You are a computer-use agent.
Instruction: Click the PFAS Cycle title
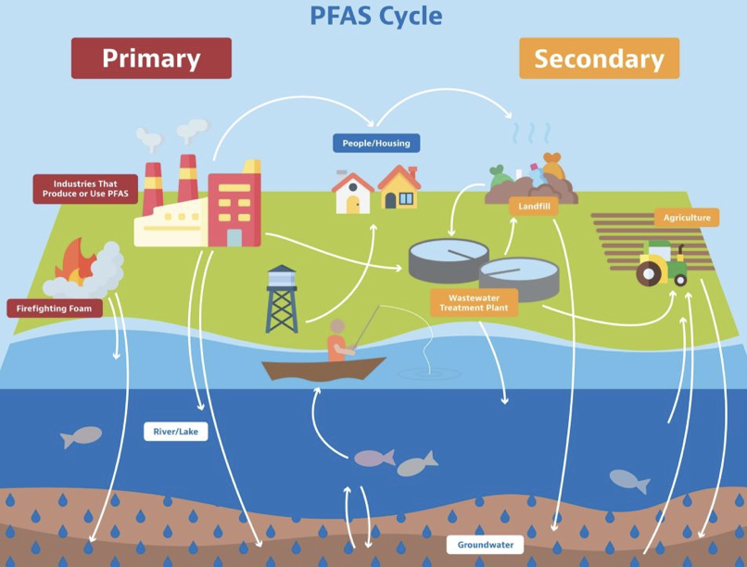tap(376, 16)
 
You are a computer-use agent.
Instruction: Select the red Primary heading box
tap(151, 58)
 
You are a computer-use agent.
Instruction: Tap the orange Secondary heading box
tap(600, 58)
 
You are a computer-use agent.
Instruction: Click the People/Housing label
tap(376, 144)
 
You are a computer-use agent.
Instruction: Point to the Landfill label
tap(534, 206)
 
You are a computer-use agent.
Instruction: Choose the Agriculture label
tap(687, 218)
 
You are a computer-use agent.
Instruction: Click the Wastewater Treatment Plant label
tap(474, 303)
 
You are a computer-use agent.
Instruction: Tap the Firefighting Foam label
tap(55, 309)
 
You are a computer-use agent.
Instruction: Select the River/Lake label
tap(176, 432)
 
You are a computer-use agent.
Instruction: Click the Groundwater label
tap(486, 545)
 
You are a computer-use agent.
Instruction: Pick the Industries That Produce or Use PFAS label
tap(85, 189)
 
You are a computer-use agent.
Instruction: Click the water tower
tap(282, 299)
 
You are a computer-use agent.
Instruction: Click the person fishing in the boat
tap(337, 340)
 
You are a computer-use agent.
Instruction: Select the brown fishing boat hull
tap(323, 369)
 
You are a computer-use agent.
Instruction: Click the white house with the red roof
tap(352, 193)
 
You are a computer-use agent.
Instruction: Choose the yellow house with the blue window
tap(399, 187)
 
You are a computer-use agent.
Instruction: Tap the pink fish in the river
tap(374, 458)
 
